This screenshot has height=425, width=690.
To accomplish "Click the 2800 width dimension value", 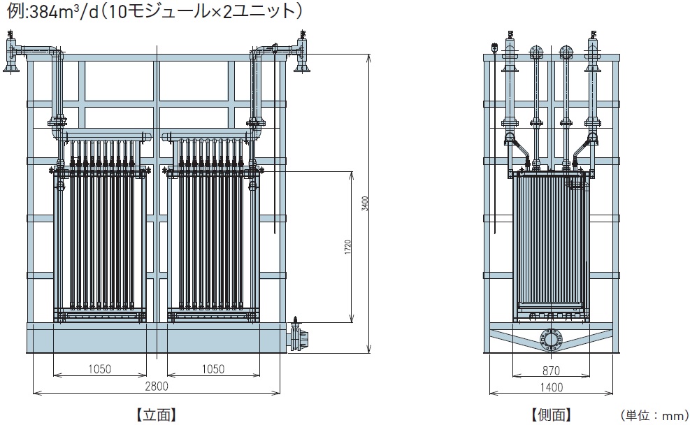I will coord(156,385).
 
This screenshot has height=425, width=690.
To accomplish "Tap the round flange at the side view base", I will coord(551,340).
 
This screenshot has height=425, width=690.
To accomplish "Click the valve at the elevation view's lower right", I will coord(299,338).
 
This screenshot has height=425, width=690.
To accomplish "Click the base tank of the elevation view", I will coord(157,339).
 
